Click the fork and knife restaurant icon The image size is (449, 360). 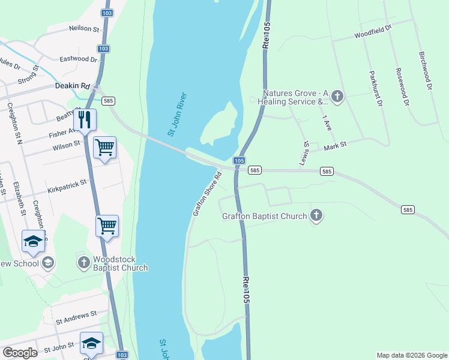(x=85, y=119)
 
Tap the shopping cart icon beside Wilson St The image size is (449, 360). (x=105, y=147)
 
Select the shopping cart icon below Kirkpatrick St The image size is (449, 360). (x=107, y=226)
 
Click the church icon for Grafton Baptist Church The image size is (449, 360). (x=316, y=215)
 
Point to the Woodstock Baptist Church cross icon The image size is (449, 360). (x=83, y=262)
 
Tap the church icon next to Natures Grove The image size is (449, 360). (x=337, y=96)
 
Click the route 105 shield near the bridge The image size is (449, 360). (x=239, y=161)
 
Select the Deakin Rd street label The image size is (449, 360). (x=72, y=86)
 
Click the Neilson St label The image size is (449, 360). (x=83, y=28)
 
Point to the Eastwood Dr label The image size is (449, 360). (x=78, y=59)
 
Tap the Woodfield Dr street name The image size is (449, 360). (x=372, y=31)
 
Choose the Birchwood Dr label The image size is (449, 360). (x=425, y=70)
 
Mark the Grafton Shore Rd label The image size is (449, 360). (x=207, y=194)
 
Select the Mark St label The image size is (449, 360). (x=336, y=145)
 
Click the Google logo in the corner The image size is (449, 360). (x=20, y=353)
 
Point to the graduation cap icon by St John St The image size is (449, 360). (x=91, y=343)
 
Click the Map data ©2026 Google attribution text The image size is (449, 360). (x=411, y=355)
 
